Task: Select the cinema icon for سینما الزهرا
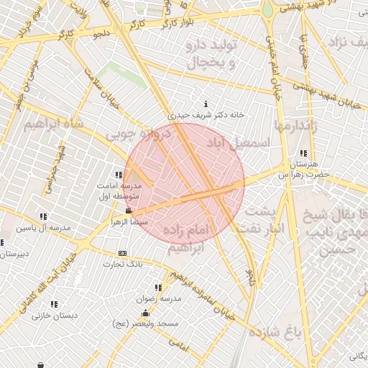[x=129, y=211]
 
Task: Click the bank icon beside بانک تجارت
[x=122, y=253]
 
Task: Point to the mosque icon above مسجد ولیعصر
[x=146, y=313]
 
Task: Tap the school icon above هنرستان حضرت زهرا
[x=305, y=153]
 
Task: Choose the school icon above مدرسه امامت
[x=119, y=175]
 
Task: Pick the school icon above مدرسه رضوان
[x=158, y=287]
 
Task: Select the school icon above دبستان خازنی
[x=55, y=304]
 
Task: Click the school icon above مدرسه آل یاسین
[x=44, y=216]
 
